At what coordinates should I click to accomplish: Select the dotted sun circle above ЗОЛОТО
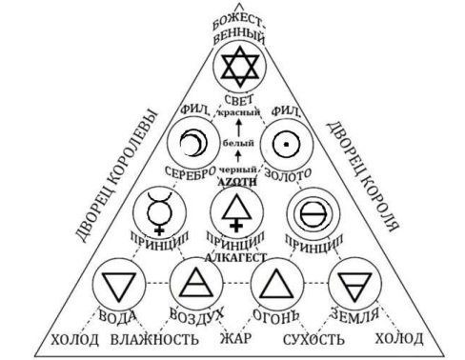(279, 145)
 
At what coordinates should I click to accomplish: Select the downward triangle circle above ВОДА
(119, 284)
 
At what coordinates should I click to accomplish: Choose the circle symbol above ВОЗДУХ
(196, 284)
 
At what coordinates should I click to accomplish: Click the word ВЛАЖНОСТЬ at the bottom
(155, 337)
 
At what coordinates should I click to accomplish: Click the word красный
(236, 113)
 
